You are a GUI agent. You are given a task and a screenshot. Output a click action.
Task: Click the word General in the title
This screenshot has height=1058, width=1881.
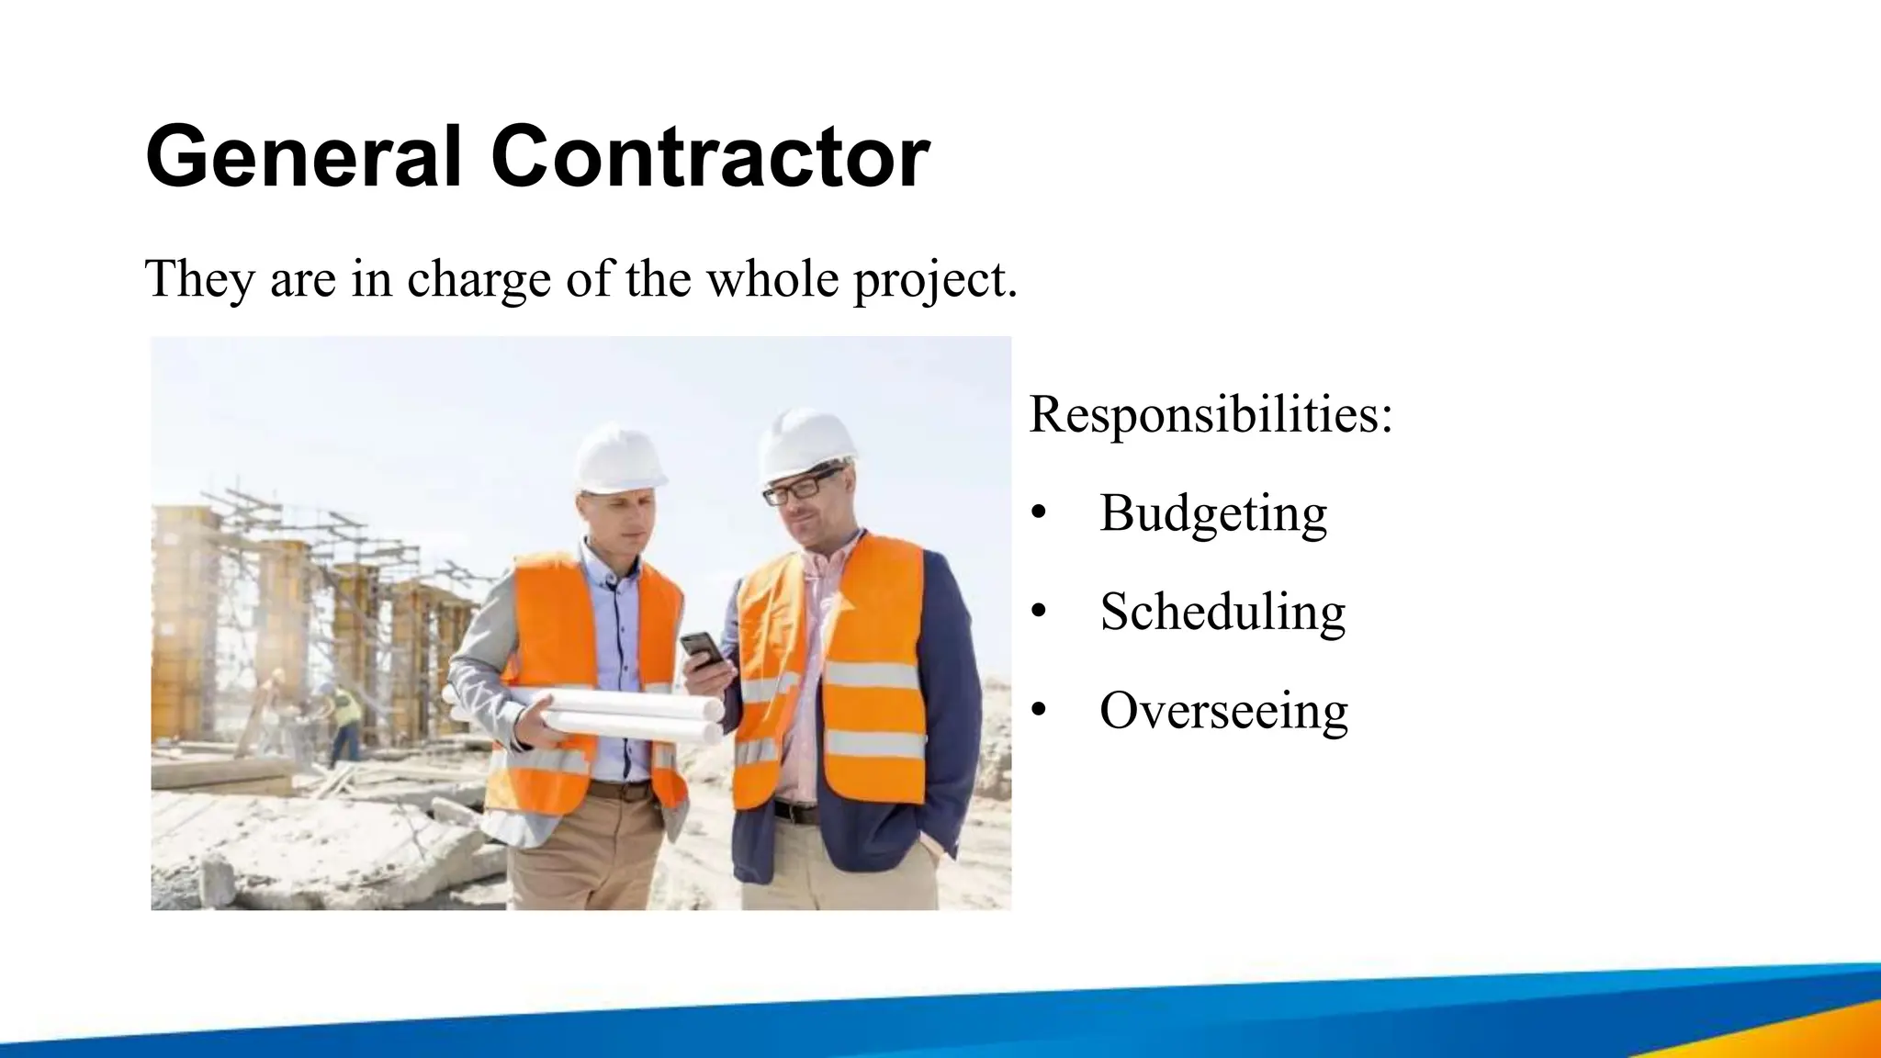pos(303,157)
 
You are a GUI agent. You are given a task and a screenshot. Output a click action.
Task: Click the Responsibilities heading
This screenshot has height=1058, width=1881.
pos(1211,414)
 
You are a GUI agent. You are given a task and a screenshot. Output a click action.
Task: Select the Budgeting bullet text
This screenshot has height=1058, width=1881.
pos(1213,513)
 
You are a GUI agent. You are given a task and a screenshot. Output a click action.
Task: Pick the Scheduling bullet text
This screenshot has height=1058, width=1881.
pos(1222,612)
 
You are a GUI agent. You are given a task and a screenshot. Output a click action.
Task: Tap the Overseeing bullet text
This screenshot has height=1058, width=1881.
pos(1223,710)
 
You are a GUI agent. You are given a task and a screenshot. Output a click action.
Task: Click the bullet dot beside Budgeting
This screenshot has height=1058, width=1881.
pos(1039,513)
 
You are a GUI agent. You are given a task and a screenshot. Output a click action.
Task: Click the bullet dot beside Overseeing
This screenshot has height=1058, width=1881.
pos(1039,710)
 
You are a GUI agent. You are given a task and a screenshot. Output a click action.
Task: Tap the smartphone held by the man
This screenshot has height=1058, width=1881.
pos(703,648)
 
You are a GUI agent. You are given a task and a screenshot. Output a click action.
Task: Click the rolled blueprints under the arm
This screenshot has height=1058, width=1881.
pos(588,713)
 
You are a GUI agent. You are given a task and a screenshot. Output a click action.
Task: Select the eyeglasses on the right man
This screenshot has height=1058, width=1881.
pos(801,487)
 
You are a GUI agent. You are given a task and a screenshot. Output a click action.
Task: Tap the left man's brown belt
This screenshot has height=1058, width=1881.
pos(621,789)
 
